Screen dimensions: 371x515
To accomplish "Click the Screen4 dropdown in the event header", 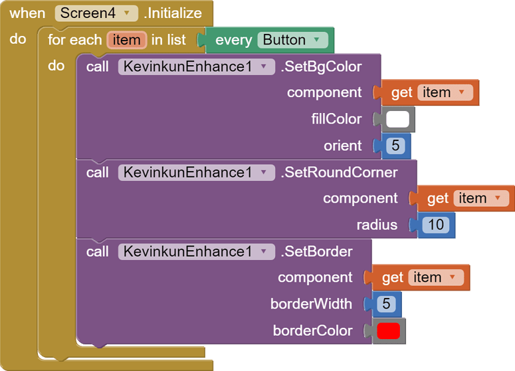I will tap(96, 13).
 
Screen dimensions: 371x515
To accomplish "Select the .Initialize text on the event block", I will tap(173, 13).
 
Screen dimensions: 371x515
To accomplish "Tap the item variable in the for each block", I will tap(126, 40).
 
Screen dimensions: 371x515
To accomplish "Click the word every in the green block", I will tap(233, 40).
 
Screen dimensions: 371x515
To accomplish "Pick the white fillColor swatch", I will tap(397, 119).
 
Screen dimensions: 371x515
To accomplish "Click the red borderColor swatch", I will tap(388, 330).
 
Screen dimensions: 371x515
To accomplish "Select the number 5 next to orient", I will tap(395, 146).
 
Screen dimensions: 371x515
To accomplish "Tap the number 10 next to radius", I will tap(435, 225).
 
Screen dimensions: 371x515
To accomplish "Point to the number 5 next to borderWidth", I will tap(386, 304).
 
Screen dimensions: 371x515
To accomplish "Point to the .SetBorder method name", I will tap(316, 251).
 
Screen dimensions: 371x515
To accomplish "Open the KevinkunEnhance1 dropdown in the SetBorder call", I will tap(196, 251).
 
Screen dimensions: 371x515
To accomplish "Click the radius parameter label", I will tap(377, 225).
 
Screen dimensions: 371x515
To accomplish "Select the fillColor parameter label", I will tap(336, 119).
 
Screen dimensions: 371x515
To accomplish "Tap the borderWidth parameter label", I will tap(311, 304).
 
